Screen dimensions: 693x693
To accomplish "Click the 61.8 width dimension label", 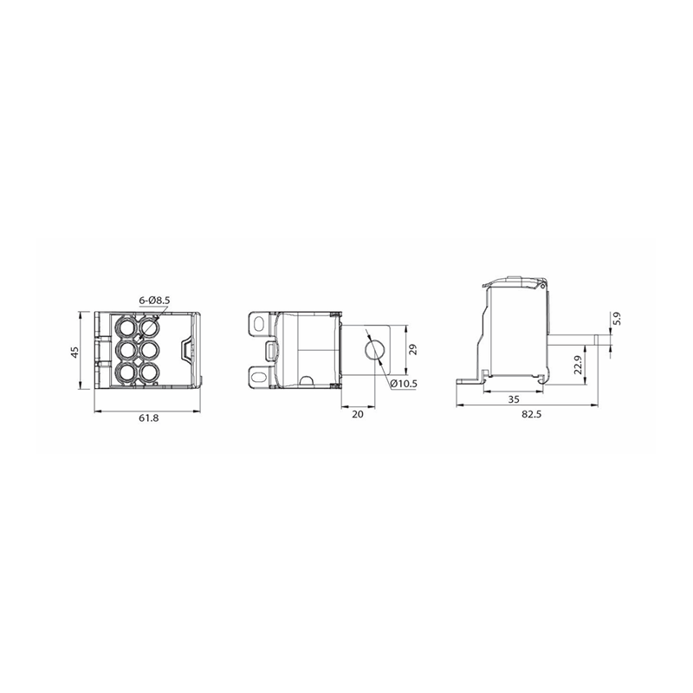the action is [x=148, y=418].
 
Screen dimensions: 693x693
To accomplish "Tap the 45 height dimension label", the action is [x=74, y=353].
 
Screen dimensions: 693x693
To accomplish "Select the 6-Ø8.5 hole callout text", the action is [x=155, y=301].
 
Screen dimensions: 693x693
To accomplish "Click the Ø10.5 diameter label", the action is [x=404, y=384].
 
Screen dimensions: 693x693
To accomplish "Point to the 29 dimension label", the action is [x=413, y=350].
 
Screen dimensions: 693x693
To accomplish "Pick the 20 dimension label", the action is [x=358, y=414].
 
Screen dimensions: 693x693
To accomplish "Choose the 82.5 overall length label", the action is [x=531, y=414].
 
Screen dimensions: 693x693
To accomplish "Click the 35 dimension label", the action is [x=513, y=399].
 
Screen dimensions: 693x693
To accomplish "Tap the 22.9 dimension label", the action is [x=579, y=365].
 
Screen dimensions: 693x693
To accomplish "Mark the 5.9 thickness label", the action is [x=618, y=319].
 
